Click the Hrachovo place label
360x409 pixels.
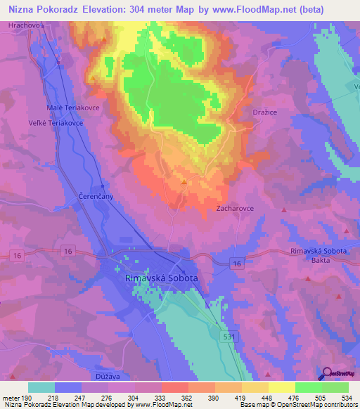tap(22, 25)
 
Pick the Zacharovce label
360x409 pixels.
tap(235, 209)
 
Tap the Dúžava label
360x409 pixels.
tap(111, 376)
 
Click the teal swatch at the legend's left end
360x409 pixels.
tap(41, 387)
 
